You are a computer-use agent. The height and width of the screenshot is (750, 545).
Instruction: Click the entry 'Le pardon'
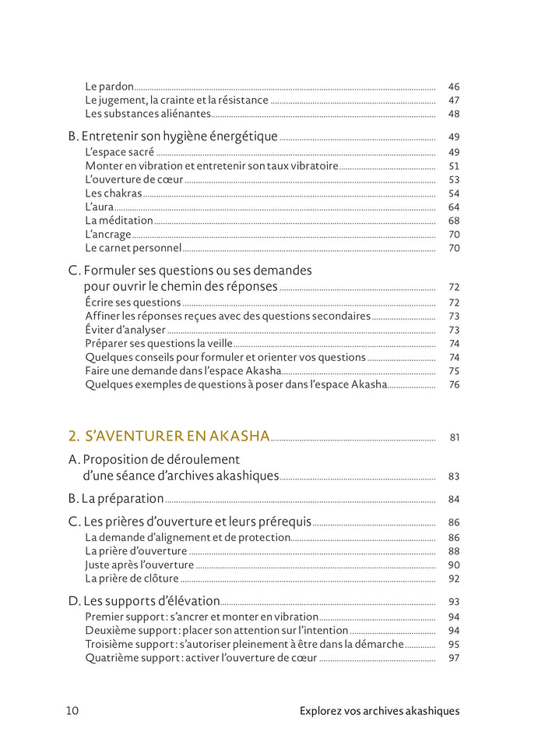(110, 87)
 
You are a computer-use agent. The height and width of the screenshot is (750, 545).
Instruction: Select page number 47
(454, 101)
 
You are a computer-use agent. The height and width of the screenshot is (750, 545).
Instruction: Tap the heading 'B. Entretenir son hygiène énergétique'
(173, 136)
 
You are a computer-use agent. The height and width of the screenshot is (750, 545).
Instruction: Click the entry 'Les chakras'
(114, 193)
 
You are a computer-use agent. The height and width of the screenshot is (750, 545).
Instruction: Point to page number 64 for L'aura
(454, 207)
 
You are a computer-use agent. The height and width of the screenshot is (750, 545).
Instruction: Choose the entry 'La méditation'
(119, 221)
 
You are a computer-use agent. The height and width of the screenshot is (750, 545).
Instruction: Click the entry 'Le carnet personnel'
(133, 248)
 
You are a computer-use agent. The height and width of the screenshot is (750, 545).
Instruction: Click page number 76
(454, 385)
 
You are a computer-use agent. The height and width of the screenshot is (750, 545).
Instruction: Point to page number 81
(455, 437)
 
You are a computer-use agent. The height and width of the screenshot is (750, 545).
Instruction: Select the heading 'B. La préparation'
(116, 498)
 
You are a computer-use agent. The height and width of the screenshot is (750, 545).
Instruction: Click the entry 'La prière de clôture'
(132, 578)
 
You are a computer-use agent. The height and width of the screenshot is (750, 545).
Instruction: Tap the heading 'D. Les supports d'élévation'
(144, 601)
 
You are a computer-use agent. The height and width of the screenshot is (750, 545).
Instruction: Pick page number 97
(454, 659)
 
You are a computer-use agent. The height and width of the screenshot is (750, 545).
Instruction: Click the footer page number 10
(72, 711)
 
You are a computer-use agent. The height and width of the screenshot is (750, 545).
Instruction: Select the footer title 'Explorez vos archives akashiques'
(379, 711)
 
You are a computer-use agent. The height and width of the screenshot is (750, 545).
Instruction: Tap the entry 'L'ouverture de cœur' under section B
(134, 180)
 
